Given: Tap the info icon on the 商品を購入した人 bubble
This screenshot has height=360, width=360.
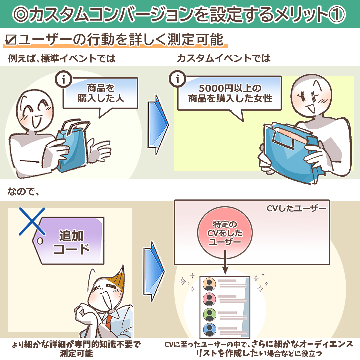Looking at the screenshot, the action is coord(64,79).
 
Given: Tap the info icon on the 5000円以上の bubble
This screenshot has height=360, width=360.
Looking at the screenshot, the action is coord(177,79).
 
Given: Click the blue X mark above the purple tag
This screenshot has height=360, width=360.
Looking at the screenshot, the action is coord(32,221).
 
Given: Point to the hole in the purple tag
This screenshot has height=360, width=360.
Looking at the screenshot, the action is coord(40,241).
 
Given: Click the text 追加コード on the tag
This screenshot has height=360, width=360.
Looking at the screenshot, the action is coord(71,242).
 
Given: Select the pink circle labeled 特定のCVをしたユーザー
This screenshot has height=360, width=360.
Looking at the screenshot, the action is coord(225,233).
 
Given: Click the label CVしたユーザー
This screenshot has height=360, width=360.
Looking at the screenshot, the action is coord(296,208).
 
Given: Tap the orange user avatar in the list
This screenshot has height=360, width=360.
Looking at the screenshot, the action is coord(209,284).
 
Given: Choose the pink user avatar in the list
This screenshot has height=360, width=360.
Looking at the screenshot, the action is coord(209,299).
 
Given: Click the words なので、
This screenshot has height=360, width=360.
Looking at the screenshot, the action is coord(23,191).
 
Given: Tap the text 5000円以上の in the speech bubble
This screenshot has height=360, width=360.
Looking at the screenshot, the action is coord(230,88).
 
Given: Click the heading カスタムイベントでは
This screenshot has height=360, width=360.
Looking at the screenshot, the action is coord(224,58).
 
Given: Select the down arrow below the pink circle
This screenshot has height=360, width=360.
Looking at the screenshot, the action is coord(225,262).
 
